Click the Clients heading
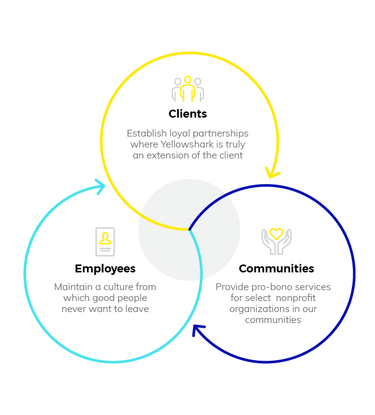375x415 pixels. [x=187, y=114]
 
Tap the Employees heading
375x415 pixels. [x=105, y=269]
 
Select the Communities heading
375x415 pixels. [x=276, y=269]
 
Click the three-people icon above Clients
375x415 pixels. [x=187, y=89]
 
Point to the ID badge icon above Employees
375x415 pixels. [x=105, y=241]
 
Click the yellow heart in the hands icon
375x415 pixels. [x=276, y=233]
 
